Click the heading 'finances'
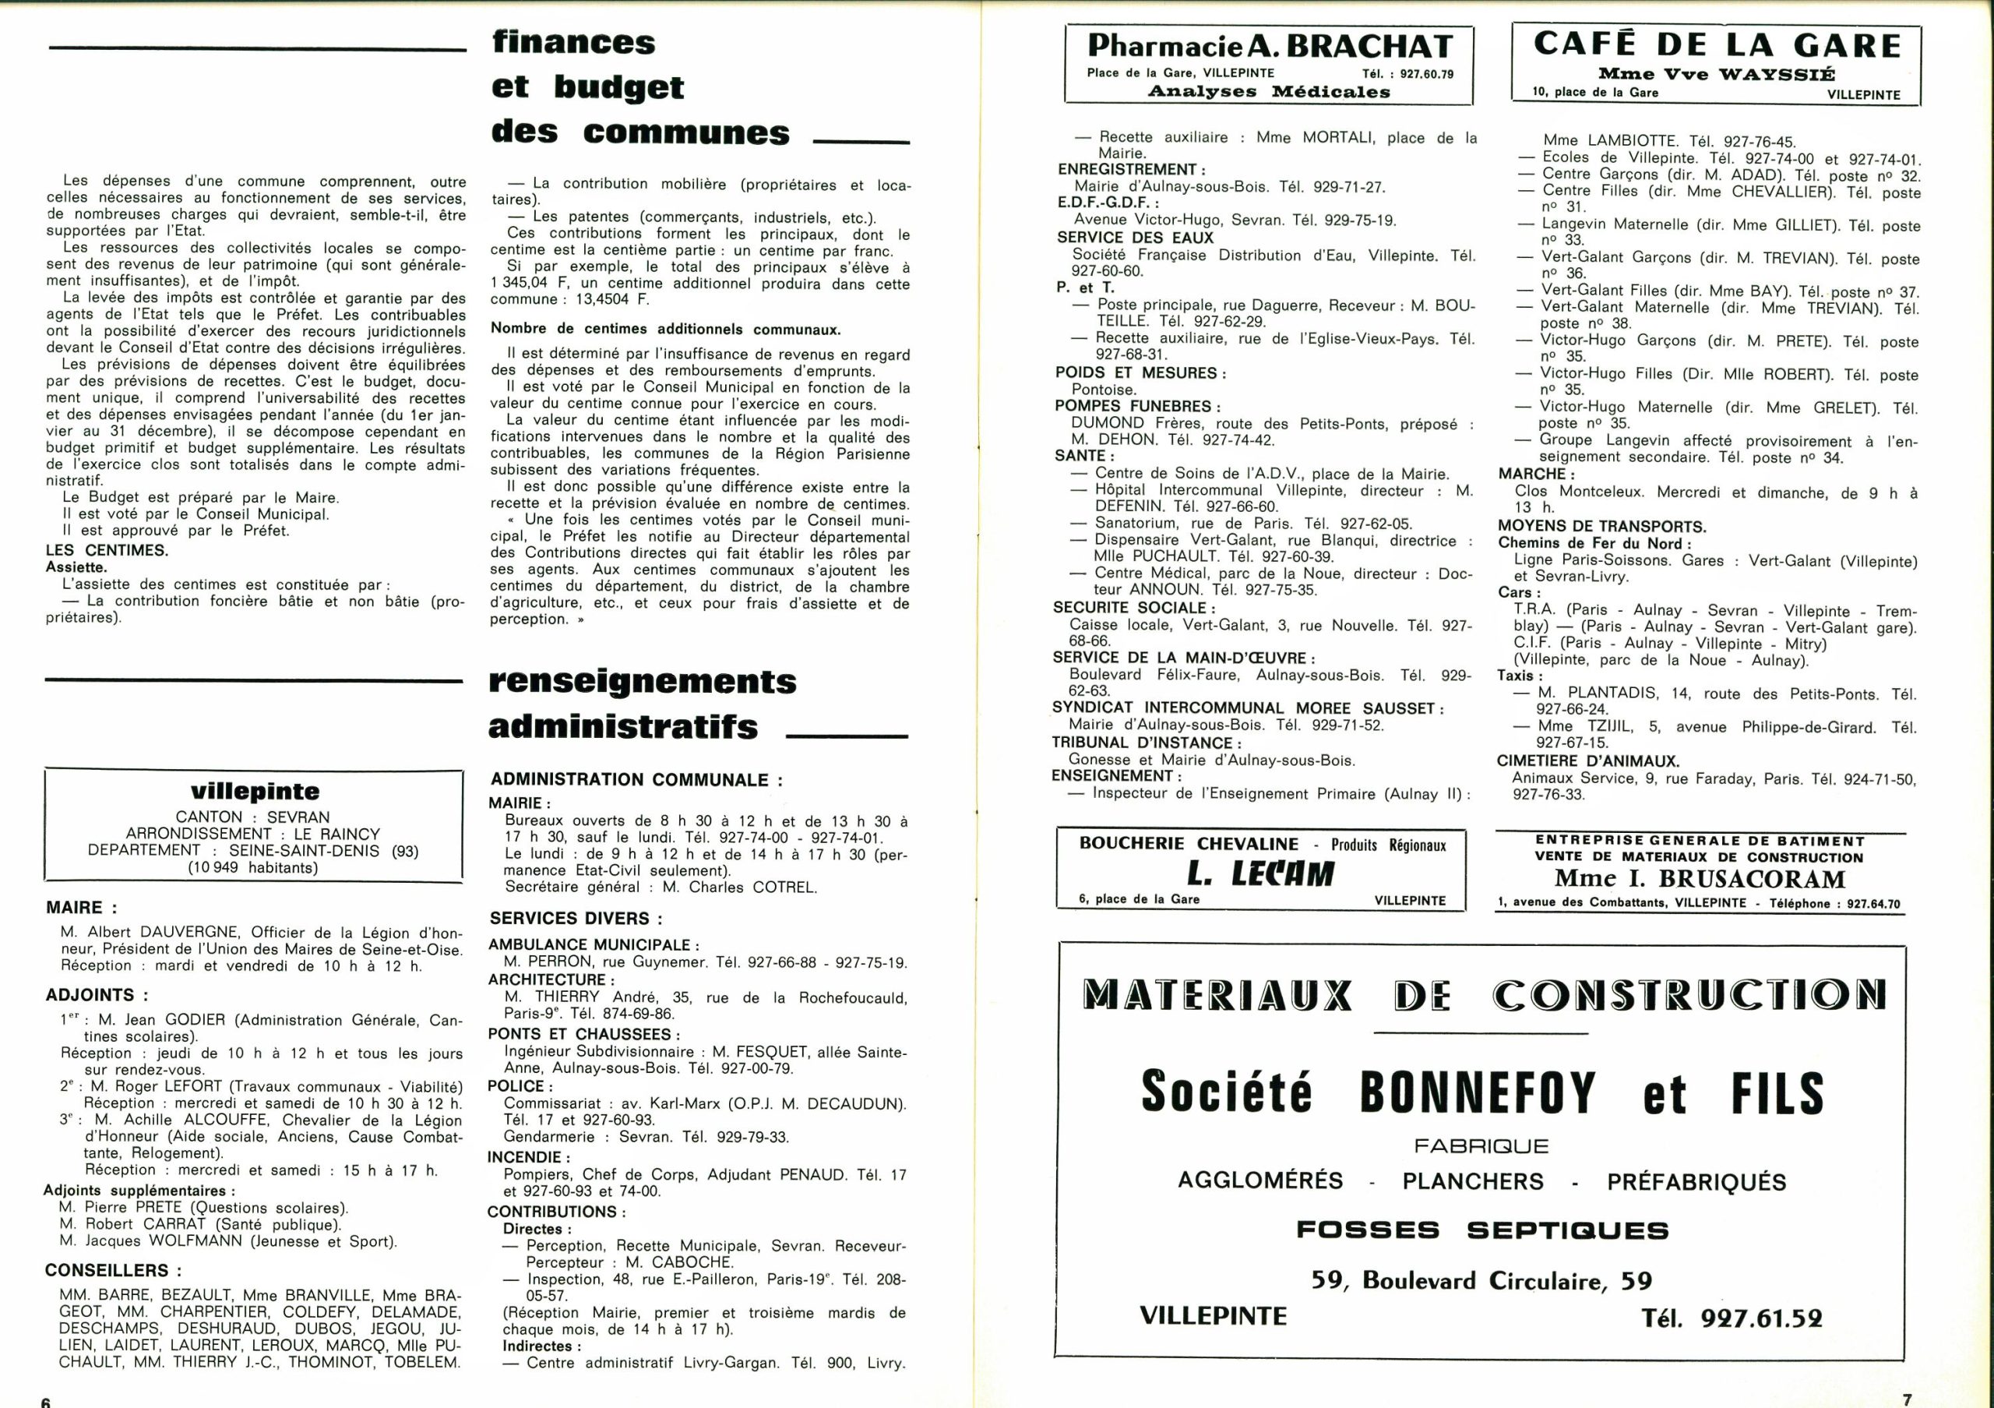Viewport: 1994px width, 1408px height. coord(573,43)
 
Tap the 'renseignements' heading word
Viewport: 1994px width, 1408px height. coord(642,682)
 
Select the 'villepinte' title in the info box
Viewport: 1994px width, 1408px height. coord(255,792)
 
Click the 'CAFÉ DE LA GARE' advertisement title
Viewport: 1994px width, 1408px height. coord(1717,44)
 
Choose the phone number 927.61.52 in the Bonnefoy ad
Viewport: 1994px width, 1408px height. coord(1732,1318)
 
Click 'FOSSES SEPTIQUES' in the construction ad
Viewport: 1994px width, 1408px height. coord(1481,1230)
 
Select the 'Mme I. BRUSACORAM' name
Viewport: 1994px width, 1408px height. coord(1700,879)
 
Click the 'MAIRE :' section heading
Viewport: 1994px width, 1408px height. coord(81,908)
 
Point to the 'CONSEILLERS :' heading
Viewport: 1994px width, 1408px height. coord(113,1270)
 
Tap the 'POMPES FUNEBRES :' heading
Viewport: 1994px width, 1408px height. coord(1138,407)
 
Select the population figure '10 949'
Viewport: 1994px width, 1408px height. coord(213,867)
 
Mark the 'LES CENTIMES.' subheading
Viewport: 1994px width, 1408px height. coord(107,550)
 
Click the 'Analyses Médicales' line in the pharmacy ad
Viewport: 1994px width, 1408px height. coord(1269,92)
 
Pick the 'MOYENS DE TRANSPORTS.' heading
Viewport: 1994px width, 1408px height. coord(1601,527)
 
